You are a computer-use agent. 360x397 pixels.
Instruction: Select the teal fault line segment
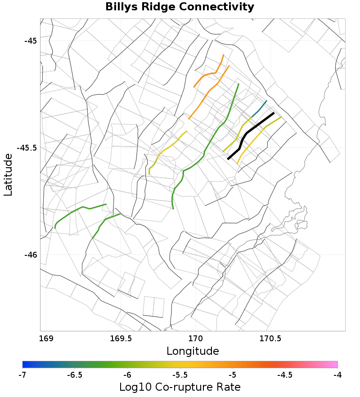click(x=260, y=108)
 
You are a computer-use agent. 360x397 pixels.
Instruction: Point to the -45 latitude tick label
click(x=31, y=40)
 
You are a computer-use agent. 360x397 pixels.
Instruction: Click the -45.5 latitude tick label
click(x=27, y=147)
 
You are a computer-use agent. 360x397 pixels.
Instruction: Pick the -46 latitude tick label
click(x=31, y=254)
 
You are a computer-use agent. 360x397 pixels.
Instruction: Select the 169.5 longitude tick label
click(x=121, y=338)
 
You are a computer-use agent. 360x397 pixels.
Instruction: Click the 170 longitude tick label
click(x=196, y=338)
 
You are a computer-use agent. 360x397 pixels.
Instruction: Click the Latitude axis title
click(x=8, y=174)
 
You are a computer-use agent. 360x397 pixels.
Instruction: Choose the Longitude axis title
click(x=193, y=351)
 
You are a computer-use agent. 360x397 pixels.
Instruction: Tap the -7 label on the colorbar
click(x=22, y=374)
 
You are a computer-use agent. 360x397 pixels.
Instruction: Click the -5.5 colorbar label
click(x=180, y=374)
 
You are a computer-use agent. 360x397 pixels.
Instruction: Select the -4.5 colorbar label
click(x=285, y=374)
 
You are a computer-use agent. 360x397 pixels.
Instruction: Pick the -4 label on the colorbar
click(x=337, y=374)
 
